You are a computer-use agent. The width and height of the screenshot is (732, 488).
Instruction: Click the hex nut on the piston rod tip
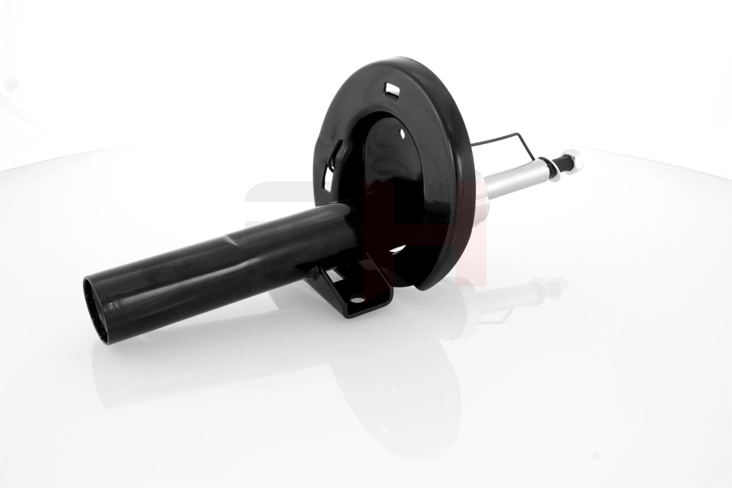click(575, 159)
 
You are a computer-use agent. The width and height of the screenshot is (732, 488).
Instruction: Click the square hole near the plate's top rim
click(391, 90)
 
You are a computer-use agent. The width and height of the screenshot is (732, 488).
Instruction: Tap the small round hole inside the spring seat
click(403, 132)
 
